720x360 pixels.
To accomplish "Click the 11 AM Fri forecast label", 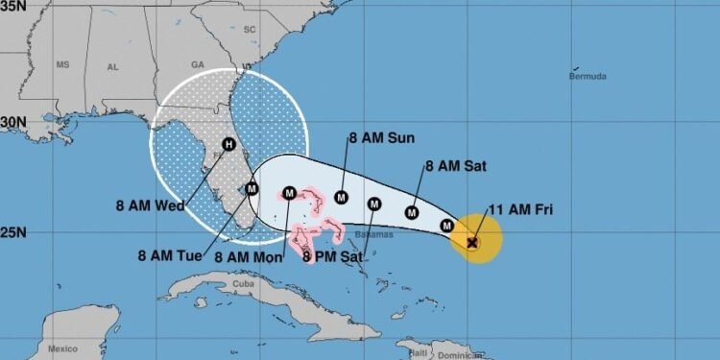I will tap(521, 209).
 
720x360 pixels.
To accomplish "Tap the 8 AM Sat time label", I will tap(455, 166).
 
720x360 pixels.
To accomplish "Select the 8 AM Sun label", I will tap(382, 138).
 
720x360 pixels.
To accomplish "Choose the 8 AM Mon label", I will tap(247, 256).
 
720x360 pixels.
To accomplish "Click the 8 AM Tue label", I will tap(169, 256).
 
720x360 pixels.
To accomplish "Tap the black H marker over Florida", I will tap(228, 145).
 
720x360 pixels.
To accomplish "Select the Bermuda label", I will tap(588, 76).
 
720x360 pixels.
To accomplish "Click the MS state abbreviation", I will tap(63, 65).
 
